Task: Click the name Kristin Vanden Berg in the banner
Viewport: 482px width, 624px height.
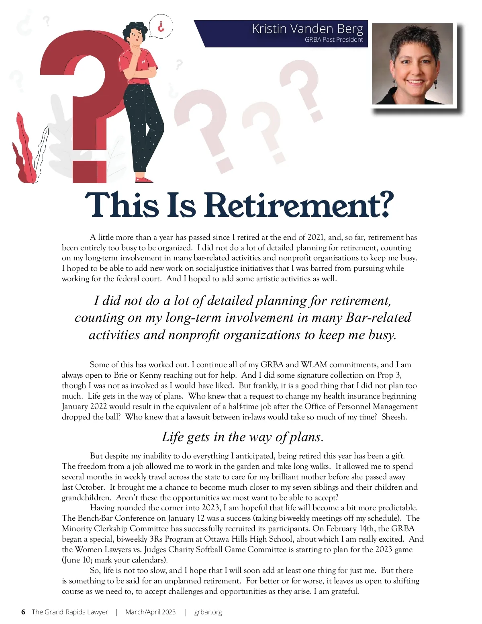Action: [x=307, y=29]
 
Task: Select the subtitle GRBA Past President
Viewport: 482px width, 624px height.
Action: [x=334, y=40]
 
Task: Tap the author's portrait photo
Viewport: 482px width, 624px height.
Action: [x=413, y=64]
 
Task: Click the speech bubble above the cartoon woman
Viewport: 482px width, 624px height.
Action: [x=161, y=27]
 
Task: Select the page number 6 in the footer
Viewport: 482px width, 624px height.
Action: [x=23, y=612]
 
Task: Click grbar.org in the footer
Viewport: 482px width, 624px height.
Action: [x=208, y=612]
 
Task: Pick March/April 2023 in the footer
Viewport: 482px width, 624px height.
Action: [x=150, y=612]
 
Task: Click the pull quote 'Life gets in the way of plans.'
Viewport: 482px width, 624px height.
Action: [x=243, y=437]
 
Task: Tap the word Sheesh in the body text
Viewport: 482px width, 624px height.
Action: [x=394, y=417]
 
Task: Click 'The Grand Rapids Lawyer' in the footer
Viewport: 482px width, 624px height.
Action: [x=70, y=612]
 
